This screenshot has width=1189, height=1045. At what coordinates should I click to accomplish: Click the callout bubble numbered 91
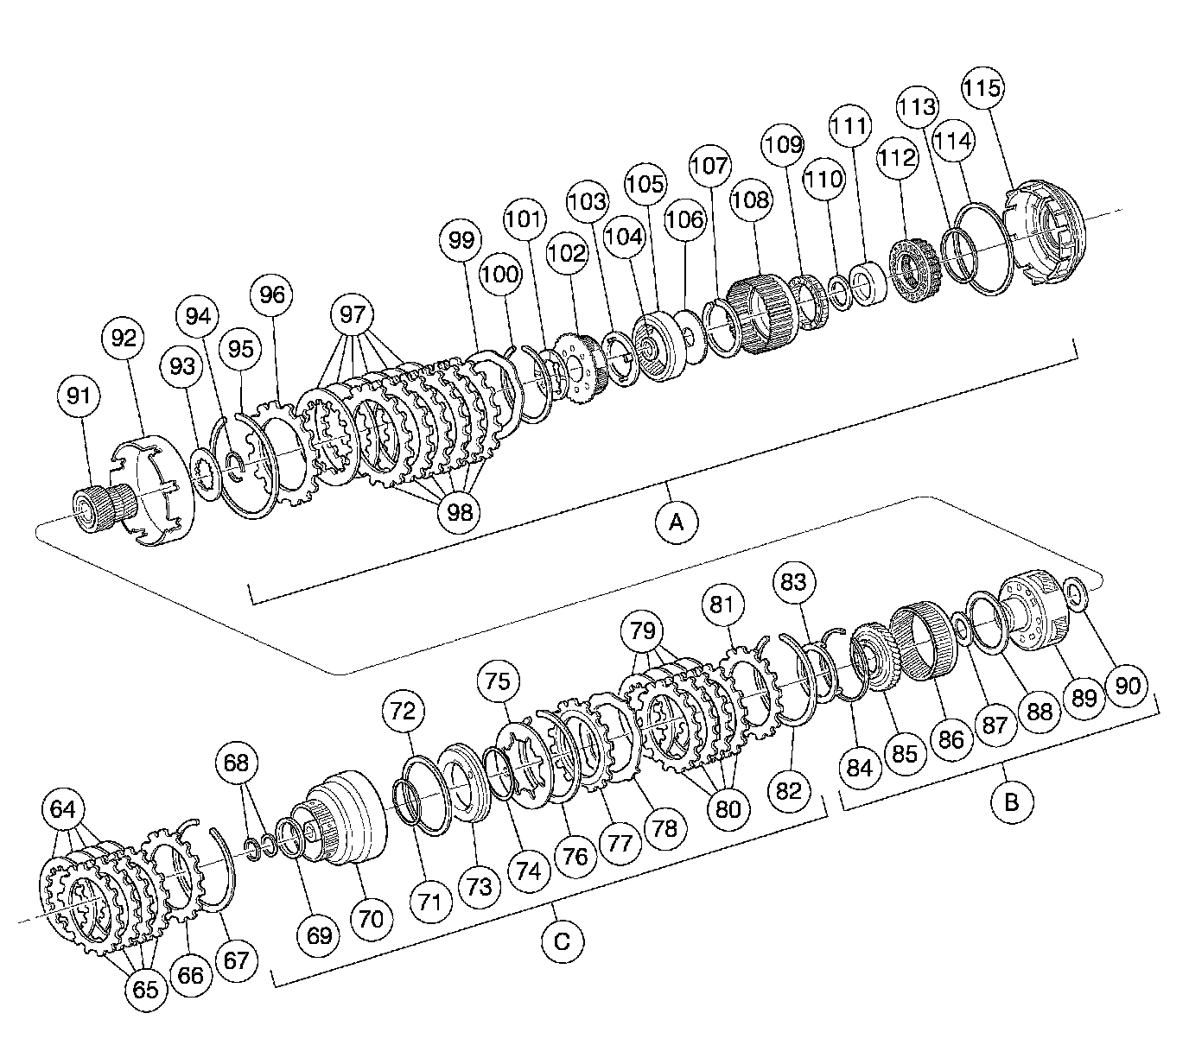[78, 396]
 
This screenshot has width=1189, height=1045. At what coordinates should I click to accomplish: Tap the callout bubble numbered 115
[983, 88]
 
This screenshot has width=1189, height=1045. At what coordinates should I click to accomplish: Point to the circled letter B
[1010, 801]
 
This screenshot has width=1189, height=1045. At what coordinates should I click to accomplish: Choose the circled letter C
[563, 940]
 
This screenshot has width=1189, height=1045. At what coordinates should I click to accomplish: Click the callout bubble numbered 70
[371, 921]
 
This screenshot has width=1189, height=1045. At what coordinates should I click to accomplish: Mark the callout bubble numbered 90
[1129, 685]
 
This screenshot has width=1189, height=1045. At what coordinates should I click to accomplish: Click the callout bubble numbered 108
[749, 200]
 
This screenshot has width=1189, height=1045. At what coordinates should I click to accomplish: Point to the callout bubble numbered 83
[793, 582]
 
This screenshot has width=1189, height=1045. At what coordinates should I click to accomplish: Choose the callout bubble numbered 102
[567, 254]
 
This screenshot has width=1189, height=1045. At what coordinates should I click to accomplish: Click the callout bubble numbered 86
[951, 738]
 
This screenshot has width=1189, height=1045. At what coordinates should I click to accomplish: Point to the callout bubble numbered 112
[897, 158]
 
